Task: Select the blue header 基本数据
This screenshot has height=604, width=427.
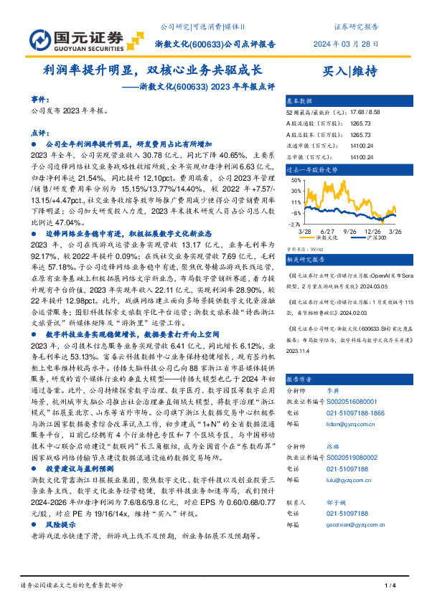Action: click(x=300, y=100)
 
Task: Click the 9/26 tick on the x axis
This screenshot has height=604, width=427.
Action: click(x=352, y=231)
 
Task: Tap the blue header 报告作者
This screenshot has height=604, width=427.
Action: click(x=300, y=379)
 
